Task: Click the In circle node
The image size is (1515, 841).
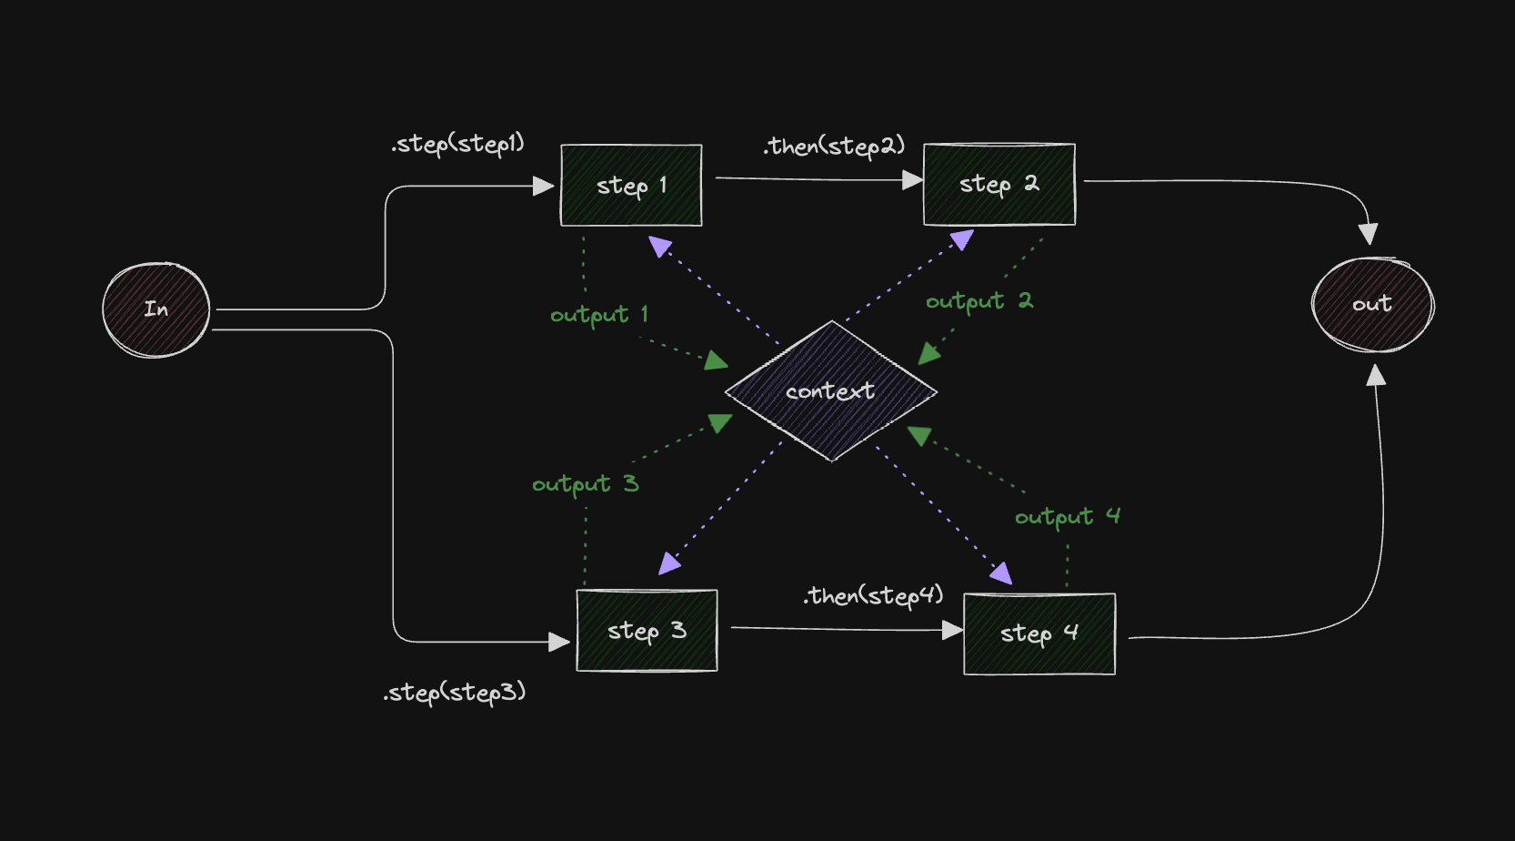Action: click(x=156, y=309)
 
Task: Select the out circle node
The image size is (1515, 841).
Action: click(x=1372, y=304)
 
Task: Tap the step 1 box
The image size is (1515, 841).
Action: click(x=631, y=186)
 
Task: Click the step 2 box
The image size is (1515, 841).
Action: click(x=998, y=184)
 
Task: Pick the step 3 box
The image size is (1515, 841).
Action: click(x=647, y=631)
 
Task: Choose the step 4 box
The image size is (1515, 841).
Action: click(x=1038, y=633)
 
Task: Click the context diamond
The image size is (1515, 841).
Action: click(x=830, y=391)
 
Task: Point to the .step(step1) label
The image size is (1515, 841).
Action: click(x=457, y=144)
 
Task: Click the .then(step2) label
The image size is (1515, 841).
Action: click(x=834, y=146)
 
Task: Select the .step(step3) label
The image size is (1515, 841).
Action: click(x=454, y=693)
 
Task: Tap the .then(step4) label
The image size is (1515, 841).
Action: click(x=873, y=596)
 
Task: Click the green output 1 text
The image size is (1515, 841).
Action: click(x=598, y=315)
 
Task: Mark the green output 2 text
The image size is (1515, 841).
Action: click(x=978, y=301)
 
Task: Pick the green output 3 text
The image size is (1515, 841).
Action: click(x=585, y=484)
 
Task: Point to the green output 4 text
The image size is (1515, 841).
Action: click(x=1067, y=517)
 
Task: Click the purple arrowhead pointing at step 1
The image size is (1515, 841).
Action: click(x=660, y=247)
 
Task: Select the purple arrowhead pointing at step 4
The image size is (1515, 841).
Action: click(x=1000, y=572)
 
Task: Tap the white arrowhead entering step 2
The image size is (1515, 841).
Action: click(x=912, y=181)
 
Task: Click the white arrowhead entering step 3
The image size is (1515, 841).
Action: click(x=559, y=643)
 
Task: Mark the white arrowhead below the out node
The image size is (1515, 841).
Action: click(x=1376, y=376)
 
